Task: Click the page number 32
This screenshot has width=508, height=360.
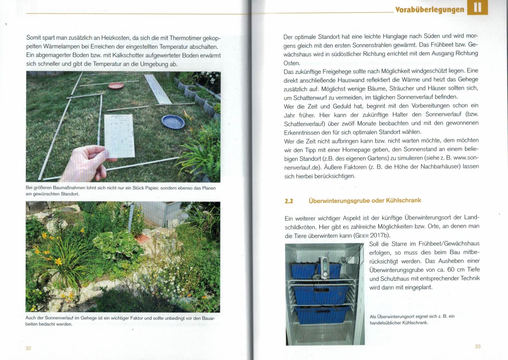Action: [x=28, y=348]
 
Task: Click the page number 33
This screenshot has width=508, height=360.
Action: [x=477, y=347]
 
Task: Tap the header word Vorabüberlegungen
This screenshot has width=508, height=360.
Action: [x=429, y=10]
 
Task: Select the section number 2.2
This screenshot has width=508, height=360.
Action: [x=289, y=201]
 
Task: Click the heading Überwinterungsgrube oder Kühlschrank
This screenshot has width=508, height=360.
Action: [x=365, y=200]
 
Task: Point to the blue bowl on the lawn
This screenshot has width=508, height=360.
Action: [x=173, y=121]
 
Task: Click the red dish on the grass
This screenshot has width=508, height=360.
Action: [x=116, y=86]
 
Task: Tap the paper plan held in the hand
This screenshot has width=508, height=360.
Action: [x=119, y=135]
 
